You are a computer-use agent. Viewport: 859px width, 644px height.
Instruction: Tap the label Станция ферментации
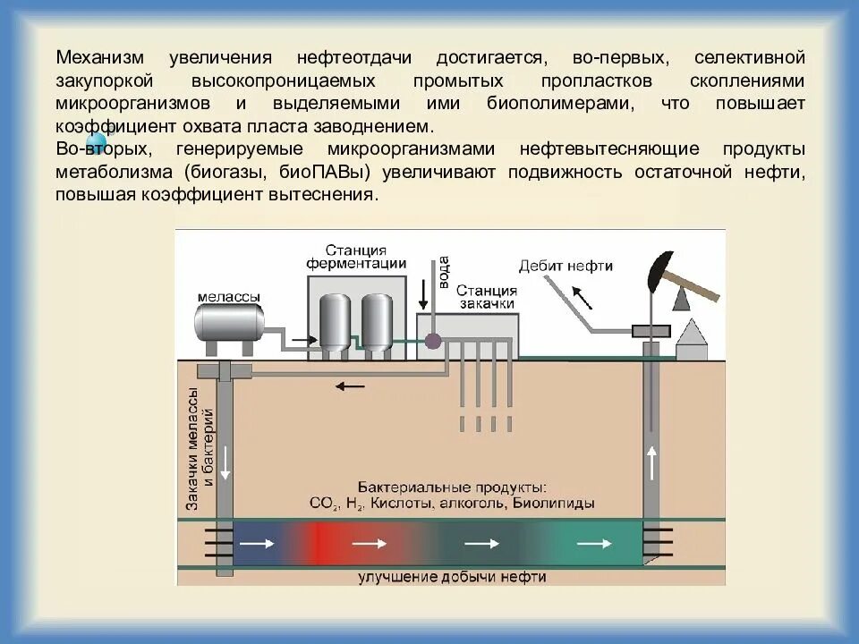tap(356, 256)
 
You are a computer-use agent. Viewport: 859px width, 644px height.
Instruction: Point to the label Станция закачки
tap(486, 297)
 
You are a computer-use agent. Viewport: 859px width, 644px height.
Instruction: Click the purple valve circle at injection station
tap(433, 341)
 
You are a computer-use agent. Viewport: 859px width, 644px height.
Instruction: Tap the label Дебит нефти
tap(566, 266)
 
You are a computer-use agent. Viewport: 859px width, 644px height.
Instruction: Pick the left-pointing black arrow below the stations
tap(351, 386)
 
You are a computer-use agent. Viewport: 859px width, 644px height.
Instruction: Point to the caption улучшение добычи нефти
tap(452, 577)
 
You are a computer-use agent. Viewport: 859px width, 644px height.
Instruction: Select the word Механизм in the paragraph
tap(98, 58)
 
